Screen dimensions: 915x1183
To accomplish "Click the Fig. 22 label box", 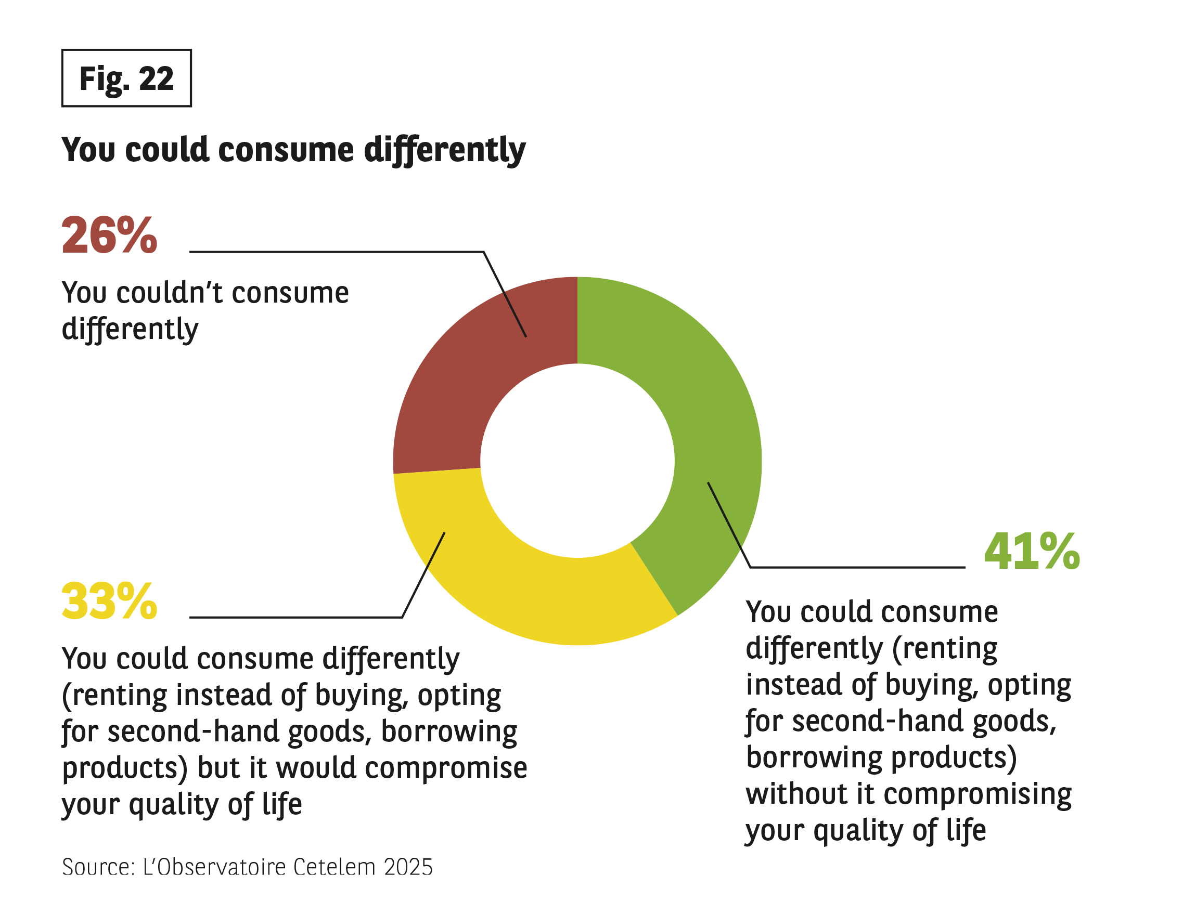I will point(126,79).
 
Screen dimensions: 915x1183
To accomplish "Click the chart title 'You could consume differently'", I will point(293,149).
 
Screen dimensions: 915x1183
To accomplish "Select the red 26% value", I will point(109,236).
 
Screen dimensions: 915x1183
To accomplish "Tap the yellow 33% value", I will point(109,602).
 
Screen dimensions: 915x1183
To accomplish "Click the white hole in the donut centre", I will point(577,461).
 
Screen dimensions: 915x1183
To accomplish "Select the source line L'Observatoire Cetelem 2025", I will point(247,867).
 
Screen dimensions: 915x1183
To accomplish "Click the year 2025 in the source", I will point(408,867).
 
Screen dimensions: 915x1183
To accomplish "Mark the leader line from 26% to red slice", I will point(336,252).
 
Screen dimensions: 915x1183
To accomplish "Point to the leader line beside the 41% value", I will point(856,567).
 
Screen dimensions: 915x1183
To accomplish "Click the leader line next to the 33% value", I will point(295,617).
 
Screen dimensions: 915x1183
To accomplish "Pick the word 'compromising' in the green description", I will point(977,795).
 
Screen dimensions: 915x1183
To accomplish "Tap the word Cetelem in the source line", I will point(334,867).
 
